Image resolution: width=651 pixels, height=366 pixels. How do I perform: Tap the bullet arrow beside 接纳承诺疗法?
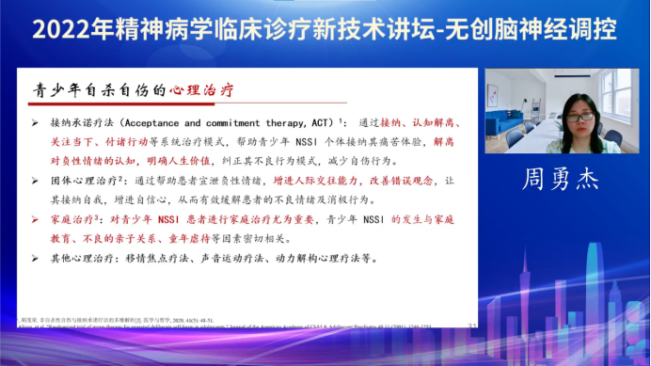[35, 122]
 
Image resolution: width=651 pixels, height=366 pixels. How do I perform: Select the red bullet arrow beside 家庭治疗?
[35, 219]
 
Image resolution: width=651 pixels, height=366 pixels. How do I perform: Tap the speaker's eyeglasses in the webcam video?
[580, 117]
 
